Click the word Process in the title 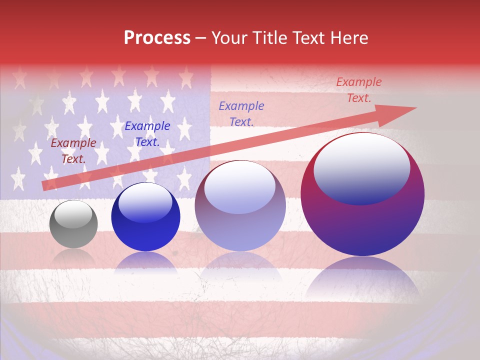pos(157,38)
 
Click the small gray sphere pos(73,224)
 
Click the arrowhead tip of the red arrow pos(415,108)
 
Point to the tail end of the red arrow pos(43,186)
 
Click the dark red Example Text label pos(73,151)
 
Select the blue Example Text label pos(147,134)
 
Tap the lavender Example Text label pos(241,113)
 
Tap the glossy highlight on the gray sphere pos(73,214)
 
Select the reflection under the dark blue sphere pos(145,262)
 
